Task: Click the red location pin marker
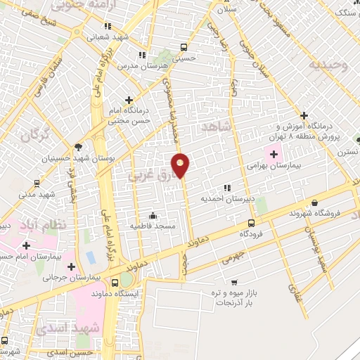click(181, 165)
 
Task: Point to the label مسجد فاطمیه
click(151, 225)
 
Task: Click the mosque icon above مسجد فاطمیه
click(153, 215)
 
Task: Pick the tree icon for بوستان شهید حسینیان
click(77, 147)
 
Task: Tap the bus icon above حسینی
click(184, 48)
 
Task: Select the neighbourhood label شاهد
click(216, 127)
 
